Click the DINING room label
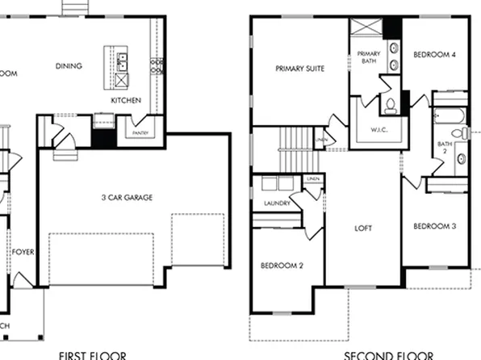pos(69,66)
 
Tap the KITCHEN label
pos(127,100)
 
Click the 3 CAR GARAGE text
pos(127,197)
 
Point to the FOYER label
pos(22,251)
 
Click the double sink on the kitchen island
pos(121,58)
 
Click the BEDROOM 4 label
pos(434,55)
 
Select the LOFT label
pos(364,228)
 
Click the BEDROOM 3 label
pos(434,227)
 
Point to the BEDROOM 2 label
pos(281,266)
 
